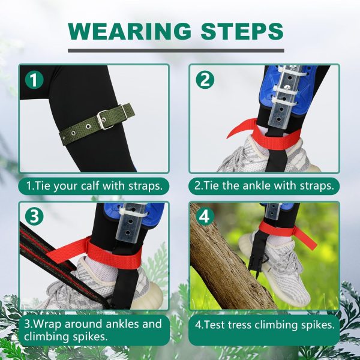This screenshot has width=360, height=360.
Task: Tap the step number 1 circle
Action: coord(35,80)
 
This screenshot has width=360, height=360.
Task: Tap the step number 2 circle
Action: coord(205,80)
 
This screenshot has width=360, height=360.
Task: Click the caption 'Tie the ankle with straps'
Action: coord(264,186)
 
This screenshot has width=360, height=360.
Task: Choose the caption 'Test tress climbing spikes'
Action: coord(264,325)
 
